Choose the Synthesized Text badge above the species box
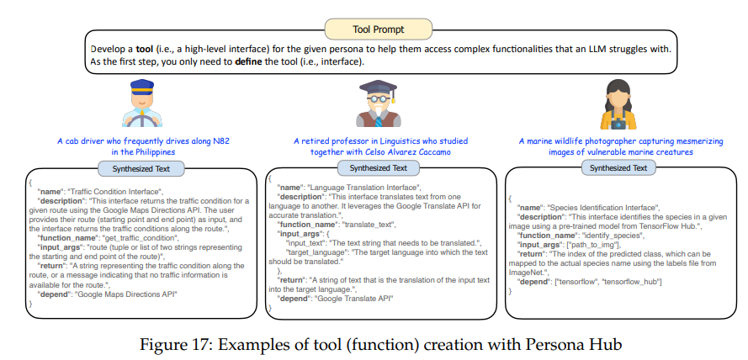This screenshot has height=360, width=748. click(x=618, y=167)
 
